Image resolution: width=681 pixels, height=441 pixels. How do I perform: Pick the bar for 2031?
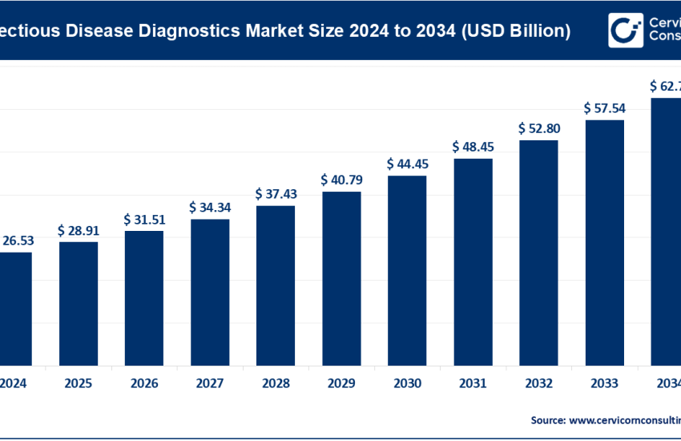(x=473, y=261)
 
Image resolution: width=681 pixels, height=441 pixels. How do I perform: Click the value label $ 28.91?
(x=79, y=230)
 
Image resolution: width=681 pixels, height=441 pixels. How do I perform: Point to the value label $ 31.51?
(x=144, y=220)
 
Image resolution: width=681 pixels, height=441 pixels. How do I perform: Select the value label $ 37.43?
(x=276, y=195)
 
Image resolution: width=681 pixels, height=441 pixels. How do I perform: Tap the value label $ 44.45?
(x=407, y=164)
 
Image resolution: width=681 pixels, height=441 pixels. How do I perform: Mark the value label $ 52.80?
(x=538, y=128)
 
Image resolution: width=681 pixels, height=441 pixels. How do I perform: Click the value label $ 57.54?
(x=604, y=107)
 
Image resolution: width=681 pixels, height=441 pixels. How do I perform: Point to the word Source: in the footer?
(x=549, y=419)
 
